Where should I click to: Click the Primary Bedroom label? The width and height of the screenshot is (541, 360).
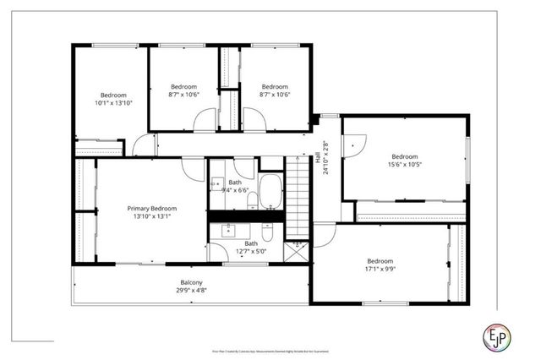(152, 208)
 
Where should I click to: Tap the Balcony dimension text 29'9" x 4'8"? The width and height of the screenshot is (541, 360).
(191, 291)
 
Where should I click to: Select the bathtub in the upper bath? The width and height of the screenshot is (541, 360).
(270, 191)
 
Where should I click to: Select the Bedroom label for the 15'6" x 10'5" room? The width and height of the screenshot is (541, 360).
(404, 155)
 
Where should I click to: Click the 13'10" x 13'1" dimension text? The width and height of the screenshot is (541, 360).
(152, 216)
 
